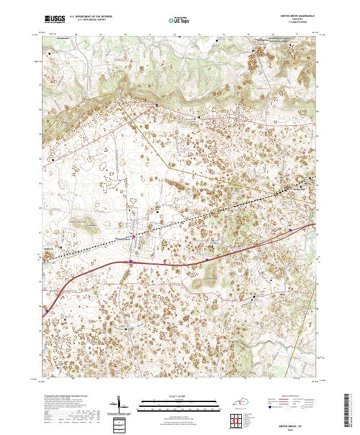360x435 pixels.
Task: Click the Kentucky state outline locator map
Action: [242, 400]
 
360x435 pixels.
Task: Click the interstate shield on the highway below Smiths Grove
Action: [130, 261]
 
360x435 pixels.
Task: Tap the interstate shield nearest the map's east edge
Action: [290, 229]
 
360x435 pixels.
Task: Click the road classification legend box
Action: [294, 402]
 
